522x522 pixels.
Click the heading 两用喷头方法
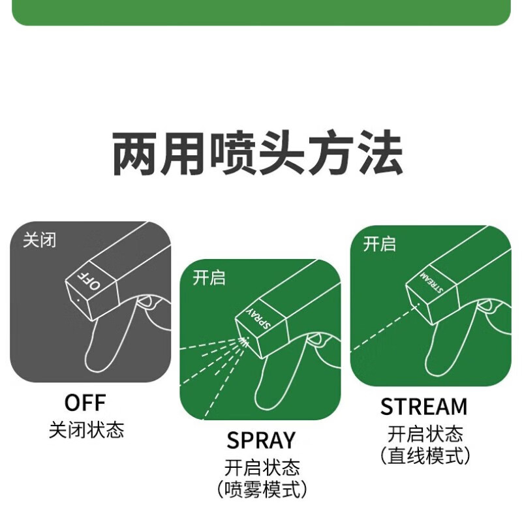pos(258,155)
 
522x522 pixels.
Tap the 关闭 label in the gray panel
pos(39,240)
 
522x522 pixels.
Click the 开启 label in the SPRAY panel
pos(209,278)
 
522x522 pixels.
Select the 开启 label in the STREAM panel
pos(379,245)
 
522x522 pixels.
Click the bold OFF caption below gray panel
pos(85,402)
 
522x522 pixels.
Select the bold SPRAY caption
pos(261,440)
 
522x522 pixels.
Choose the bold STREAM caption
pos(424,407)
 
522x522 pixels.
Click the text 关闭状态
pos(86,430)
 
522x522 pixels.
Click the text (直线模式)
pos(425,456)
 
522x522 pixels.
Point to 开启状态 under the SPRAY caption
pos(261,467)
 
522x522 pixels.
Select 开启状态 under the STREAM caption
pos(425,433)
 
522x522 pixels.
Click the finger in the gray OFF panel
pos(104,339)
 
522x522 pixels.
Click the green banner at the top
pos(261,12)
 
